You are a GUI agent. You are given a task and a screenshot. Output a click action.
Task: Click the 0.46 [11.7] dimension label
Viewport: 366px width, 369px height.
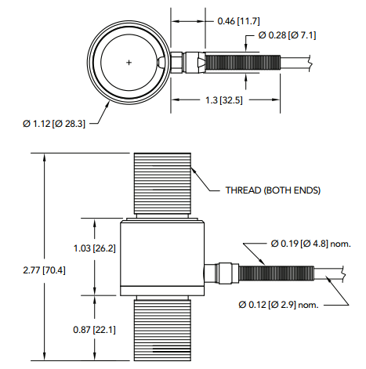click(x=238, y=21)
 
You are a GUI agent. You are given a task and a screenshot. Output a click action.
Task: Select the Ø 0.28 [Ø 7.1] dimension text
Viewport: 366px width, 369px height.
click(x=287, y=35)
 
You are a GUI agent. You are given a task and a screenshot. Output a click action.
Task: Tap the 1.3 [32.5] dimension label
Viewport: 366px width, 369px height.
click(x=224, y=100)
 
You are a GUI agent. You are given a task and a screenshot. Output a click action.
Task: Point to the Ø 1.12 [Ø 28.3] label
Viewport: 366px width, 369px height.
click(x=54, y=124)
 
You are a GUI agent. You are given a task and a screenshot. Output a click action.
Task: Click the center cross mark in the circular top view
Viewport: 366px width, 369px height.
click(x=129, y=63)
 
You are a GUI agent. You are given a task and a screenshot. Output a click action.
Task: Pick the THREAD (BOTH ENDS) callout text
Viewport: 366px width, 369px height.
click(x=273, y=190)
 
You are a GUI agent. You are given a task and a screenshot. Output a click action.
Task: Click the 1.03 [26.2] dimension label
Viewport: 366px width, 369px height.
click(x=94, y=248)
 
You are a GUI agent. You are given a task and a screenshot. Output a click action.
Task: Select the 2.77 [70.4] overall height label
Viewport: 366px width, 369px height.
click(x=44, y=270)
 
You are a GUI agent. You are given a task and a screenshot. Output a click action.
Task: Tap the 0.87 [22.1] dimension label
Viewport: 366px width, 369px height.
click(x=94, y=330)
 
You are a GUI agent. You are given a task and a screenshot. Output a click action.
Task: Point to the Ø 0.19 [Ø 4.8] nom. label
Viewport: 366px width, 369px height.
click(x=311, y=244)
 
